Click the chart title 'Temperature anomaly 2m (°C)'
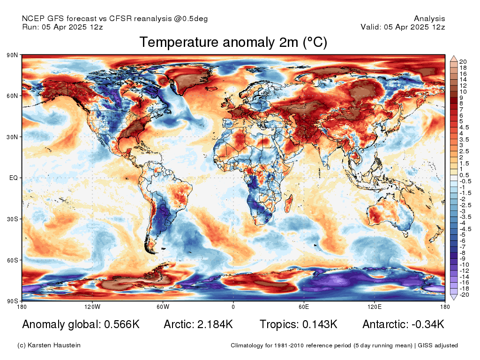233,42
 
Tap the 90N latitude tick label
12,55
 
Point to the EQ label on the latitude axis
14,178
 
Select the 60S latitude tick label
12,260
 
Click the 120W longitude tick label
92,307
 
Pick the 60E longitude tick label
304,307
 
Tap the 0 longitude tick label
233,307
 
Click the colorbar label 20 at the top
463,62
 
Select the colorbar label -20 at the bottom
465,295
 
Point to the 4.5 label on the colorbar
464,127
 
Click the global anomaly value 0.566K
122,324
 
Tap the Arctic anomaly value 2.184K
215,324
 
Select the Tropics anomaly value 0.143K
320,324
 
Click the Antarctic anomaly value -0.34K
428,324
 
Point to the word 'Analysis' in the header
429,19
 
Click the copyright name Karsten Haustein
54,345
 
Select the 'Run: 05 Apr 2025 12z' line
62,27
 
